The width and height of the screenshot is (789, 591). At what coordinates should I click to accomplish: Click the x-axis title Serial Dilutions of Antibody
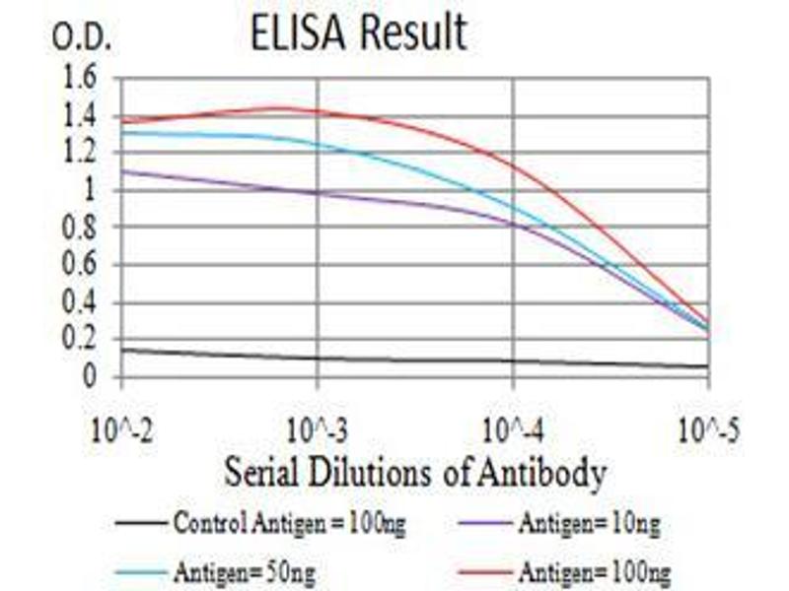[x=414, y=474]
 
